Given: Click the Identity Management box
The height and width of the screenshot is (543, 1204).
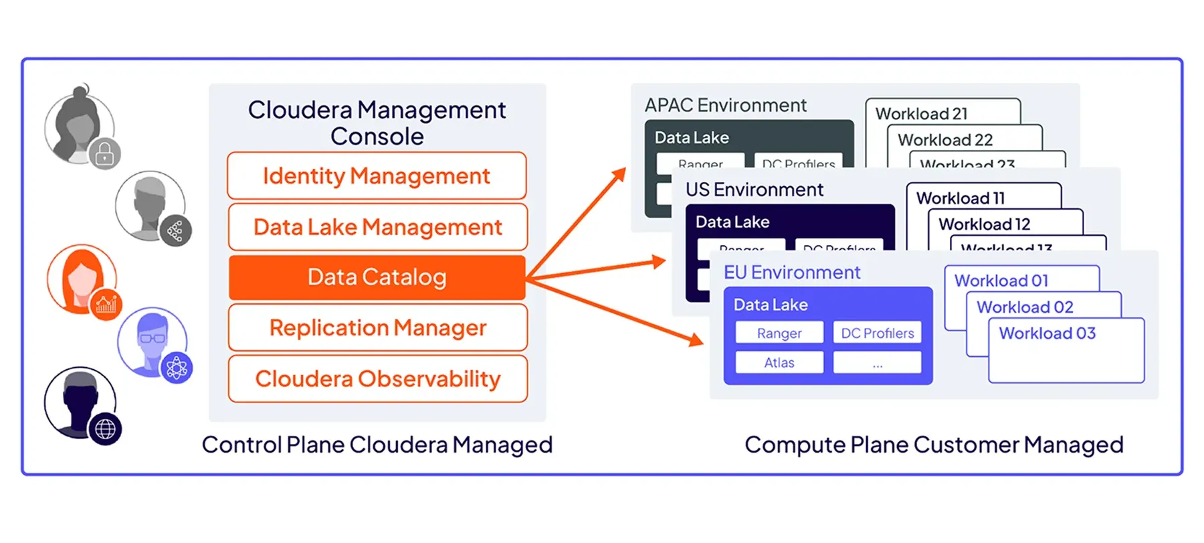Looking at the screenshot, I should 377,175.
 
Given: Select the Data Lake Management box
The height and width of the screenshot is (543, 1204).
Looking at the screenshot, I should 377,227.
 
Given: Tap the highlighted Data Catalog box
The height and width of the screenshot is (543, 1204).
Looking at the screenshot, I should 377,277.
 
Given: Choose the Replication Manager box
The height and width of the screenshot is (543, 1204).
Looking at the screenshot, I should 377,327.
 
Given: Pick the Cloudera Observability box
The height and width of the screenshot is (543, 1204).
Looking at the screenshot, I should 377,378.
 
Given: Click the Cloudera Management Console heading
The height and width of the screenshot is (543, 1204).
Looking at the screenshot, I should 377,123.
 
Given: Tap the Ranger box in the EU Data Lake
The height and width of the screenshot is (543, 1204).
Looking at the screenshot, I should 779,333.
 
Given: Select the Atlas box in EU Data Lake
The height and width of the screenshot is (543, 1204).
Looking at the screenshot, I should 779,362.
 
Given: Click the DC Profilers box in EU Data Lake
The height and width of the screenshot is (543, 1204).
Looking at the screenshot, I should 877,333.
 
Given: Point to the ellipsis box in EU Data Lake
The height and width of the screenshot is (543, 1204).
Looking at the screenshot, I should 877,362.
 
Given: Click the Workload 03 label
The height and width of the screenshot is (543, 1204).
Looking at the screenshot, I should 1047,333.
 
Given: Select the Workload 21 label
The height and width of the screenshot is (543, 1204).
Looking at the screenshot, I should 921,114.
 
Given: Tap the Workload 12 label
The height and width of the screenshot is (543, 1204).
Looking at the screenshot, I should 984,224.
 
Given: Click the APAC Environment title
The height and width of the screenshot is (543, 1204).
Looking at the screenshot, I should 725,105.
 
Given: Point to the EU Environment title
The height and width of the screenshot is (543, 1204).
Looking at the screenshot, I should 791,273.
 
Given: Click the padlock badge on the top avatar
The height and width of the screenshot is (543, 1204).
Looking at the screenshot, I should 104,155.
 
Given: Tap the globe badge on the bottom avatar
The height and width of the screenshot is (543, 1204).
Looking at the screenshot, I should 105,429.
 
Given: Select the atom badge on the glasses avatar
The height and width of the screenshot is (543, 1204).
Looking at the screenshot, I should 177,368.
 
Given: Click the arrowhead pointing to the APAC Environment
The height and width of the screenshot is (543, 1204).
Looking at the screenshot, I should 619,174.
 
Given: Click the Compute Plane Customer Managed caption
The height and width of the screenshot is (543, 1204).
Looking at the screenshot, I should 934,445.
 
